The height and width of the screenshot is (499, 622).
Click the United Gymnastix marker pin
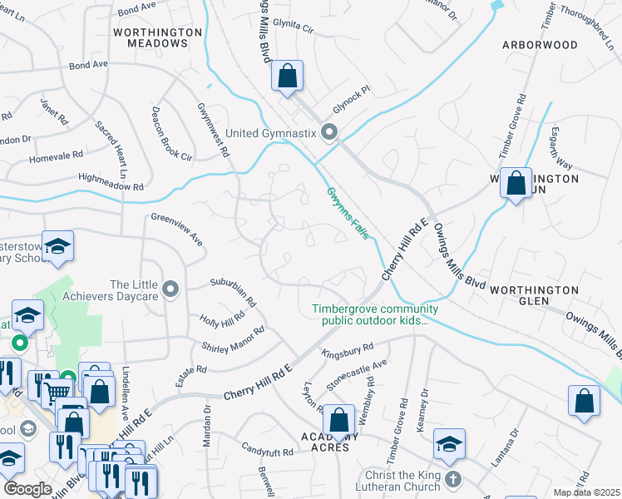(x=329, y=132)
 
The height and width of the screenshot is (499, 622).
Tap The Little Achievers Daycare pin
(x=171, y=289)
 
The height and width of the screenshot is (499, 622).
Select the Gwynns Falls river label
(x=347, y=215)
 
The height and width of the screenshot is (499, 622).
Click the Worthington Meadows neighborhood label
(x=158, y=37)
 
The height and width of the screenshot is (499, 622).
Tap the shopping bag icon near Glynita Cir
(x=287, y=77)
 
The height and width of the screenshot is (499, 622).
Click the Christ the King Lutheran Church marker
(x=452, y=480)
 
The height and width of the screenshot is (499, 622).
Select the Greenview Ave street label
(x=177, y=229)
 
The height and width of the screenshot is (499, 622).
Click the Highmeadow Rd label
(x=111, y=177)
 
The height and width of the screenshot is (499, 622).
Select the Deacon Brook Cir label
(x=171, y=134)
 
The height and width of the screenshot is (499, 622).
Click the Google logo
(x=27, y=489)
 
